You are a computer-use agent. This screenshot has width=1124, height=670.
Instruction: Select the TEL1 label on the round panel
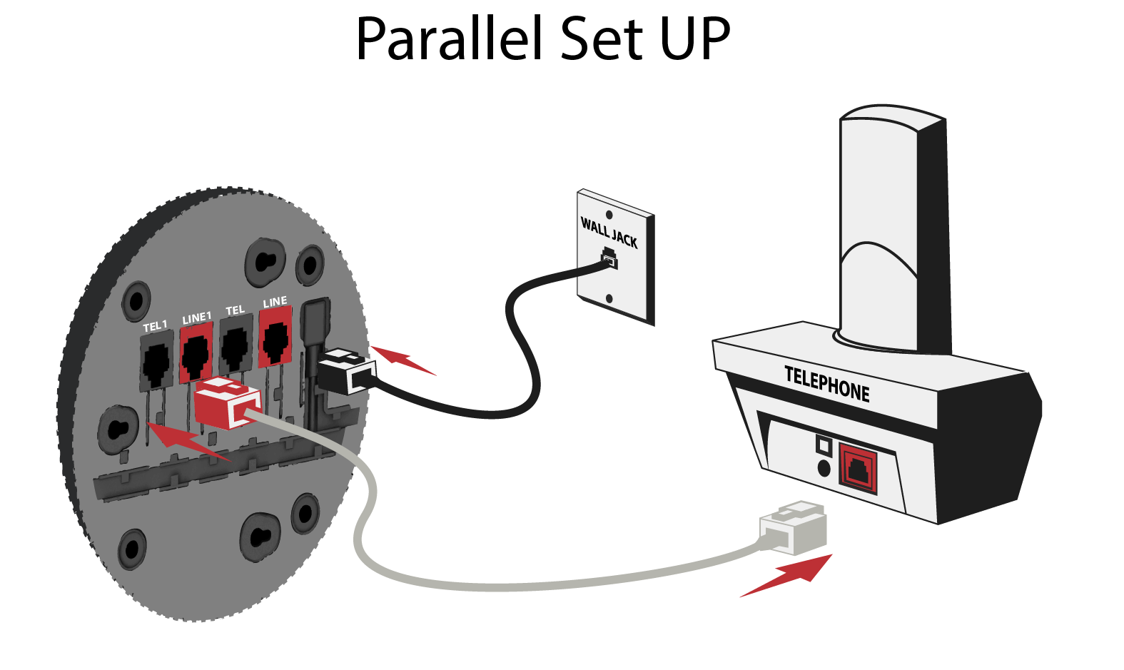tap(155, 326)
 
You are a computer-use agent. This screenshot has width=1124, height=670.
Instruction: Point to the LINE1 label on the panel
tap(196, 318)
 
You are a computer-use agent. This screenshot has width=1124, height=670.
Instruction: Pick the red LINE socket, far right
tap(275, 340)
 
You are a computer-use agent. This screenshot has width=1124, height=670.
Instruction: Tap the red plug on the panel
tap(227, 403)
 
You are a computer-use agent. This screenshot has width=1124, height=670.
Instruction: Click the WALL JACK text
tap(609, 233)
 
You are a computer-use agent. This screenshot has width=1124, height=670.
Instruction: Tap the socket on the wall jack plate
tap(609, 258)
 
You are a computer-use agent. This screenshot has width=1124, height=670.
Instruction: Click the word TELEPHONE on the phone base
tap(827, 385)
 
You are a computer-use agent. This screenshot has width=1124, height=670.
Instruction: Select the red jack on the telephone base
tap(857, 468)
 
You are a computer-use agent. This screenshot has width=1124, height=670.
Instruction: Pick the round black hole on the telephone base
tap(824, 468)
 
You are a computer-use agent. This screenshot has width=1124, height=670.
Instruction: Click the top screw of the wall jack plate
tap(609, 215)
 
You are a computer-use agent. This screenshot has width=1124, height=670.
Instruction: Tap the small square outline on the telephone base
tap(824, 446)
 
